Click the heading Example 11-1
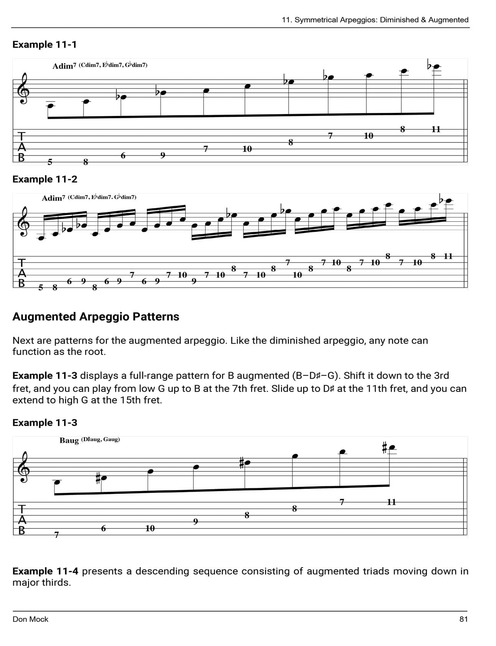pyautogui.click(x=44, y=44)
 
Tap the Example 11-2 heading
pyautogui.click(x=44, y=179)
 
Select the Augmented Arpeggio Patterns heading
pyautogui.click(x=95, y=317)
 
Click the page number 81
pyautogui.click(x=463, y=619)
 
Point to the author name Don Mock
pyautogui.click(x=30, y=619)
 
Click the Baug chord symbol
pyautogui.click(x=69, y=440)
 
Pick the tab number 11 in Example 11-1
pyautogui.click(x=436, y=129)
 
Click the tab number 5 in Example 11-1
pyautogui.click(x=49, y=162)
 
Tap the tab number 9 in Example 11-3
pyautogui.click(x=195, y=522)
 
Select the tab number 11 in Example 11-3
pyautogui.click(x=391, y=502)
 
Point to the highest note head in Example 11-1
pyautogui.click(x=436, y=66)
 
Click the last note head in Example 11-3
pyautogui.click(x=392, y=448)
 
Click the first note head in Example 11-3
pyautogui.click(x=57, y=482)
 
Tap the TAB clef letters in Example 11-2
pyautogui.click(x=22, y=273)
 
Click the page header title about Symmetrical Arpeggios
pyautogui.click(x=375, y=20)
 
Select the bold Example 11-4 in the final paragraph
pyautogui.click(x=45, y=571)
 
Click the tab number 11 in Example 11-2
pyautogui.click(x=448, y=256)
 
